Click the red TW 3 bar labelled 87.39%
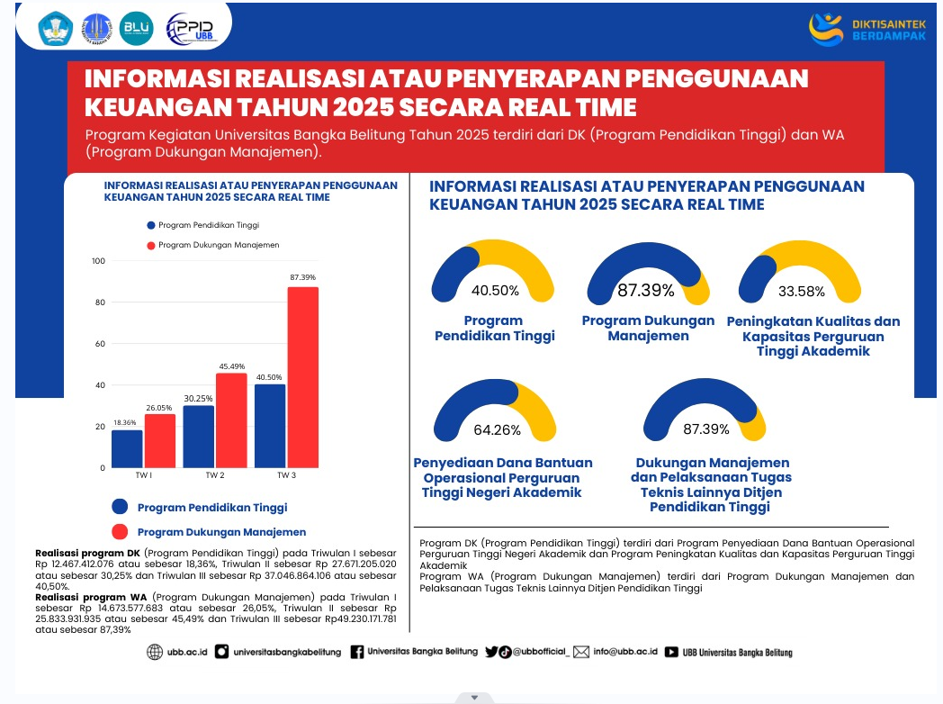(303, 377)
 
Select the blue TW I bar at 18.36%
(127, 449)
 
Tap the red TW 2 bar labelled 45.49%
(231, 420)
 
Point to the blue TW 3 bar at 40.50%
(270, 426)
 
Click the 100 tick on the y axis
(98, 261)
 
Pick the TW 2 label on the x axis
(215, 474)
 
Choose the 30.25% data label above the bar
(199, 398)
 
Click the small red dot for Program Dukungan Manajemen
(150, 245)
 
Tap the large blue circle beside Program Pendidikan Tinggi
(121, 507)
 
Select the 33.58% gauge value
(801, 291)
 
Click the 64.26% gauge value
(497, 429)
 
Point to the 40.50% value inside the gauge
(495, 290)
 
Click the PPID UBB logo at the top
(192, 29)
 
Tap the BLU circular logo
(137, 29)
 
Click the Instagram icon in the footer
(221, 652)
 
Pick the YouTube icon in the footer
(671, 652)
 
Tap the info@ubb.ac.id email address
(625, 652)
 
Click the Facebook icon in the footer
(357, 652)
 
